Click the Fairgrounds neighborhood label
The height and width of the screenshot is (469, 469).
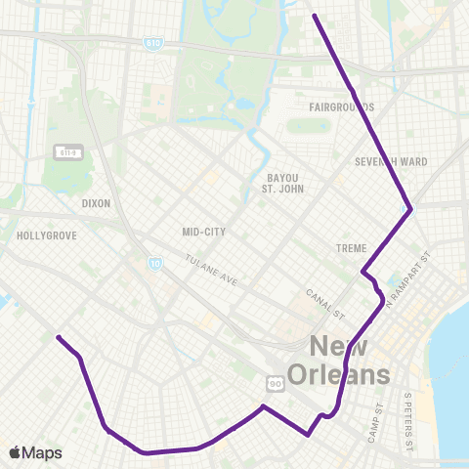pos(341,107)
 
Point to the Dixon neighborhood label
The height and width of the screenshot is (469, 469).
pos(97,203)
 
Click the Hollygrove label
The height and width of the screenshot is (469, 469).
pos(40,236)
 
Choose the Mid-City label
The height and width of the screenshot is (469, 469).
pos(203,232)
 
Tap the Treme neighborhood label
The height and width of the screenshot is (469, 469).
pos(350,248)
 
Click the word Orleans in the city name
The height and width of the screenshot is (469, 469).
pos(350,375)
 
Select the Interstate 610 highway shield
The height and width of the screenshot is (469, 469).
pos(152,43)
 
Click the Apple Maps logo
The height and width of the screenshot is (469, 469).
pos(35,452)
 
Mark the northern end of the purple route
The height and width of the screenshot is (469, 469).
pos(314,15)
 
